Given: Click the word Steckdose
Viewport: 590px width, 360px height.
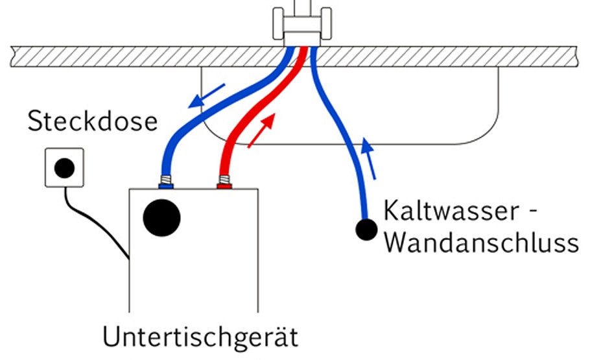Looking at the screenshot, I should [x=93, y=121].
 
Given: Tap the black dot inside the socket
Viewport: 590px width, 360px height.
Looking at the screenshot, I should [x=64, y=169].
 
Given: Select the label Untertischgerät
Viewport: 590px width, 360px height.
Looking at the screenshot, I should [x=200, y=337].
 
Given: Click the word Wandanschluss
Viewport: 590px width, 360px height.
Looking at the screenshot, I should [x=480, y=243].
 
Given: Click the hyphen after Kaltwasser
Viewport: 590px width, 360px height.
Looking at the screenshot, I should [x=533, y=212].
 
